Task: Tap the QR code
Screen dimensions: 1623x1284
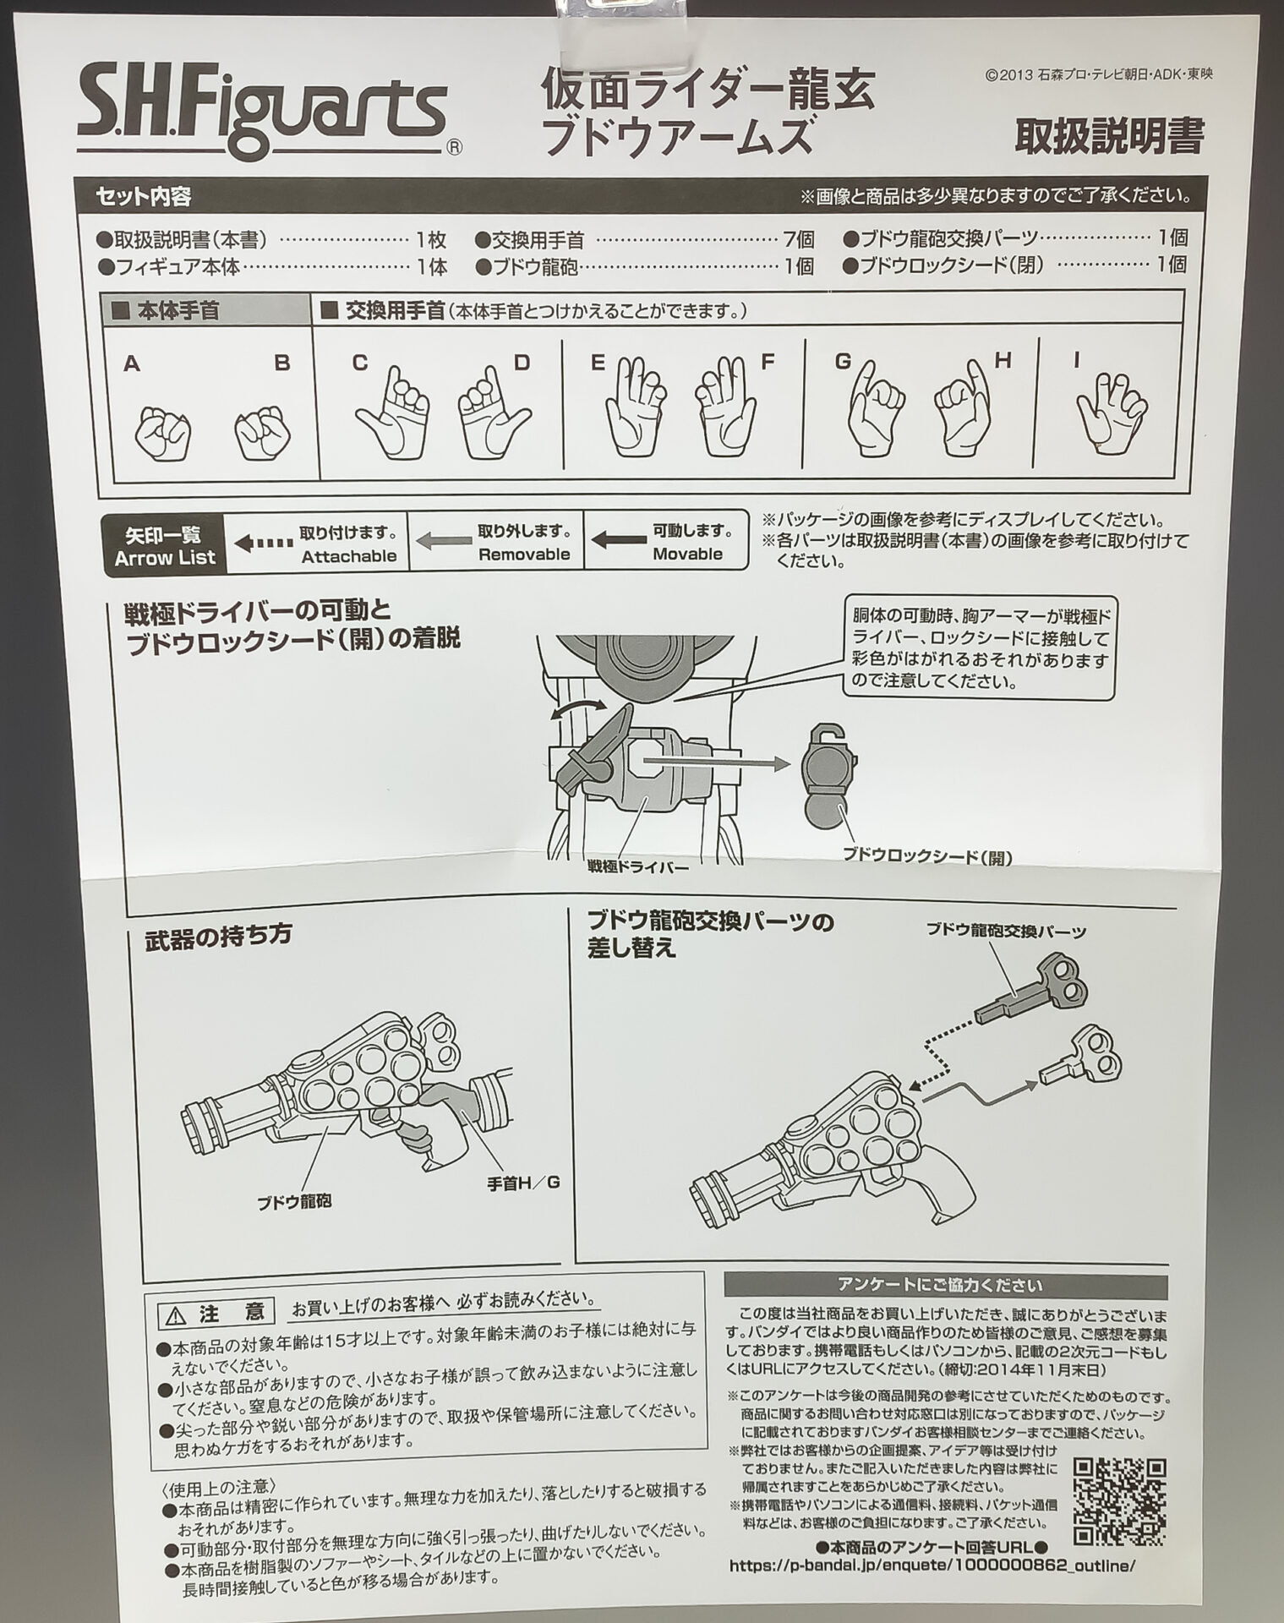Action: click(x=1119, y=1501)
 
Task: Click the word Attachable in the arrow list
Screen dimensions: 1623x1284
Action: click(x=348, y=556)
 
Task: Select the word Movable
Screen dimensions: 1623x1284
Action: click(x=687, y=555)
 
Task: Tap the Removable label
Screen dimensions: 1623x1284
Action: click(x=524, y=555)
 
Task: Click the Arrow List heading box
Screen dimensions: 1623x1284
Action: click(x=165, y=545)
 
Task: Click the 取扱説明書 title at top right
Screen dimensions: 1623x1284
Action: click(x=1108, y=135)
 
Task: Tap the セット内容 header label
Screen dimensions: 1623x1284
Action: click(x=144, y=197)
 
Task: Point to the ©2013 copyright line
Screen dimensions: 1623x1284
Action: click(x=1099, y=74)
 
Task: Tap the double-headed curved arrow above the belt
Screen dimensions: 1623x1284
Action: click(x=577, y=708)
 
